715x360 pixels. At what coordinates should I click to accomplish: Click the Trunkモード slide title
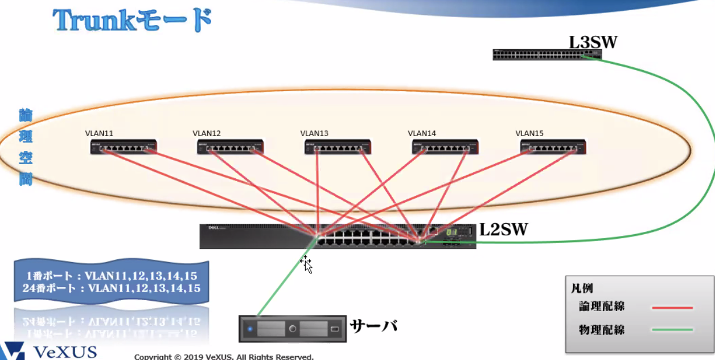click(133, 21)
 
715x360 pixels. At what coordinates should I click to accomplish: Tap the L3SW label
click(593, 42)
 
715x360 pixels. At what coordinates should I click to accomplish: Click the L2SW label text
click(503, 230)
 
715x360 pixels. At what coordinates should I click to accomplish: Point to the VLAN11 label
click(99, 133)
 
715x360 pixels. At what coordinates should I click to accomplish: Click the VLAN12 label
click(207, 133)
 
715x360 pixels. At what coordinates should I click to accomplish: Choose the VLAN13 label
click(314, 133)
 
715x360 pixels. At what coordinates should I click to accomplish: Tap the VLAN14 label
click(422, 133)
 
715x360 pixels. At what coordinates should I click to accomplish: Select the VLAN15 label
click(529, 133)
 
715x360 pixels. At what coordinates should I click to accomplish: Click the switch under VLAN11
click(124, 148)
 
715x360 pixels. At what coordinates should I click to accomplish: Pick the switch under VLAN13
click(338, 148)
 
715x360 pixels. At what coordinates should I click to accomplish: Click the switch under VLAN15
click(553, 148)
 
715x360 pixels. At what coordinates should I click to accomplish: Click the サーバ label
click(373, 326)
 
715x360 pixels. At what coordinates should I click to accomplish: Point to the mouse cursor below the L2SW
click(306, 264)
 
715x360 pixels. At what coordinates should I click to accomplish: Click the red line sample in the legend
click(672, 308)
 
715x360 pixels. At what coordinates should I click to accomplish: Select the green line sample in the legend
click(672, 329)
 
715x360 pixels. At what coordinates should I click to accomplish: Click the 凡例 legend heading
click(582, 288)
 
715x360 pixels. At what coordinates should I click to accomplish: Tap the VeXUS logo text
click(65, 352)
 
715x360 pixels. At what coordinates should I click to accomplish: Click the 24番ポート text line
click(112, 288)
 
